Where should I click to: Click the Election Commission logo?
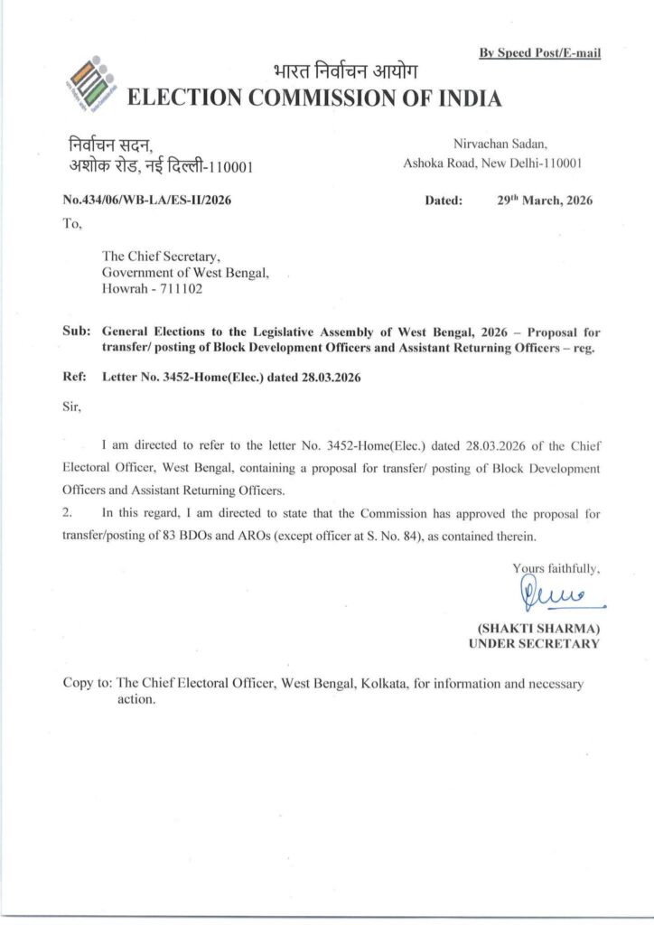tap(91, 83)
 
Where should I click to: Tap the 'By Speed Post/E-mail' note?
tap(539, 53)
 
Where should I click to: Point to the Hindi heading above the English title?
tap(346, 72)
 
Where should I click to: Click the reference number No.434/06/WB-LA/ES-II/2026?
tap(147, 201)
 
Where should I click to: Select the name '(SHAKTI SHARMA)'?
tap(538, 628)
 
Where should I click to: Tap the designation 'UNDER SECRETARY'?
tap(534, 643)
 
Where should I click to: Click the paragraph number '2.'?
tap(68, 513)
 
